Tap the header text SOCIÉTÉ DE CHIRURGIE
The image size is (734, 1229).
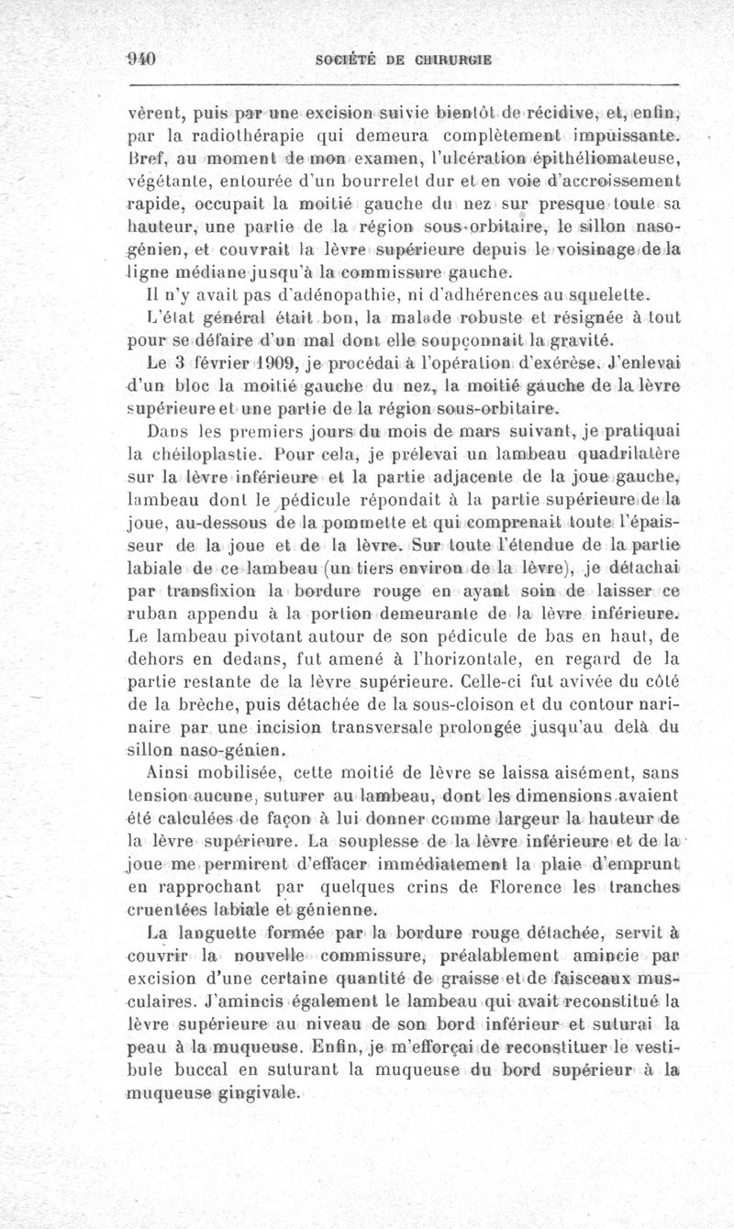pos(404,61)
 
